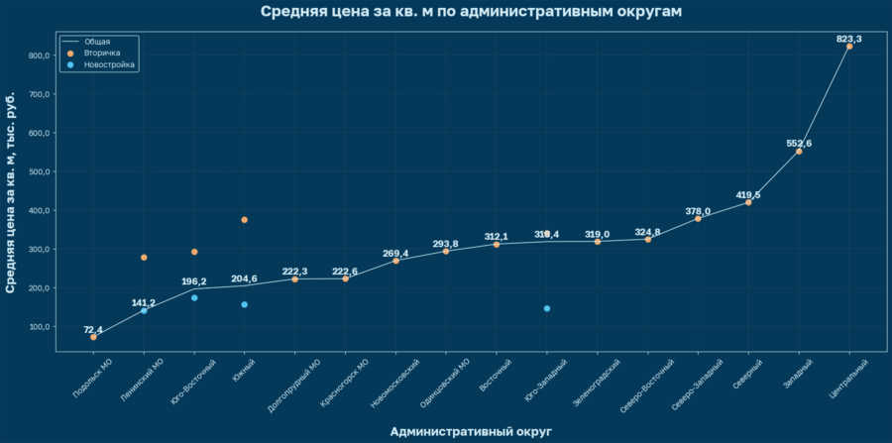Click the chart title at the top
coord(471,12)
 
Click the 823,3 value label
coord(849,39)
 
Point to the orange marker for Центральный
coord(849,47)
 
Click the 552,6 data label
coord(799,143)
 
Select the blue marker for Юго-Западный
coord(546,308)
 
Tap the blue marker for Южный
coord(245,304)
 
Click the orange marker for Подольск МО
coord(93,337)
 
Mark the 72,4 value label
coord(93,328)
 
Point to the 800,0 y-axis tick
coord(37,55)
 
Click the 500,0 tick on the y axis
coord(37,171)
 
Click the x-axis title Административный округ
coord(471,431)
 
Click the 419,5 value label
coord(748,194)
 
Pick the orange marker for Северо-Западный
coord(698,218)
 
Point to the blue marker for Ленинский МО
coord(144,310)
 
